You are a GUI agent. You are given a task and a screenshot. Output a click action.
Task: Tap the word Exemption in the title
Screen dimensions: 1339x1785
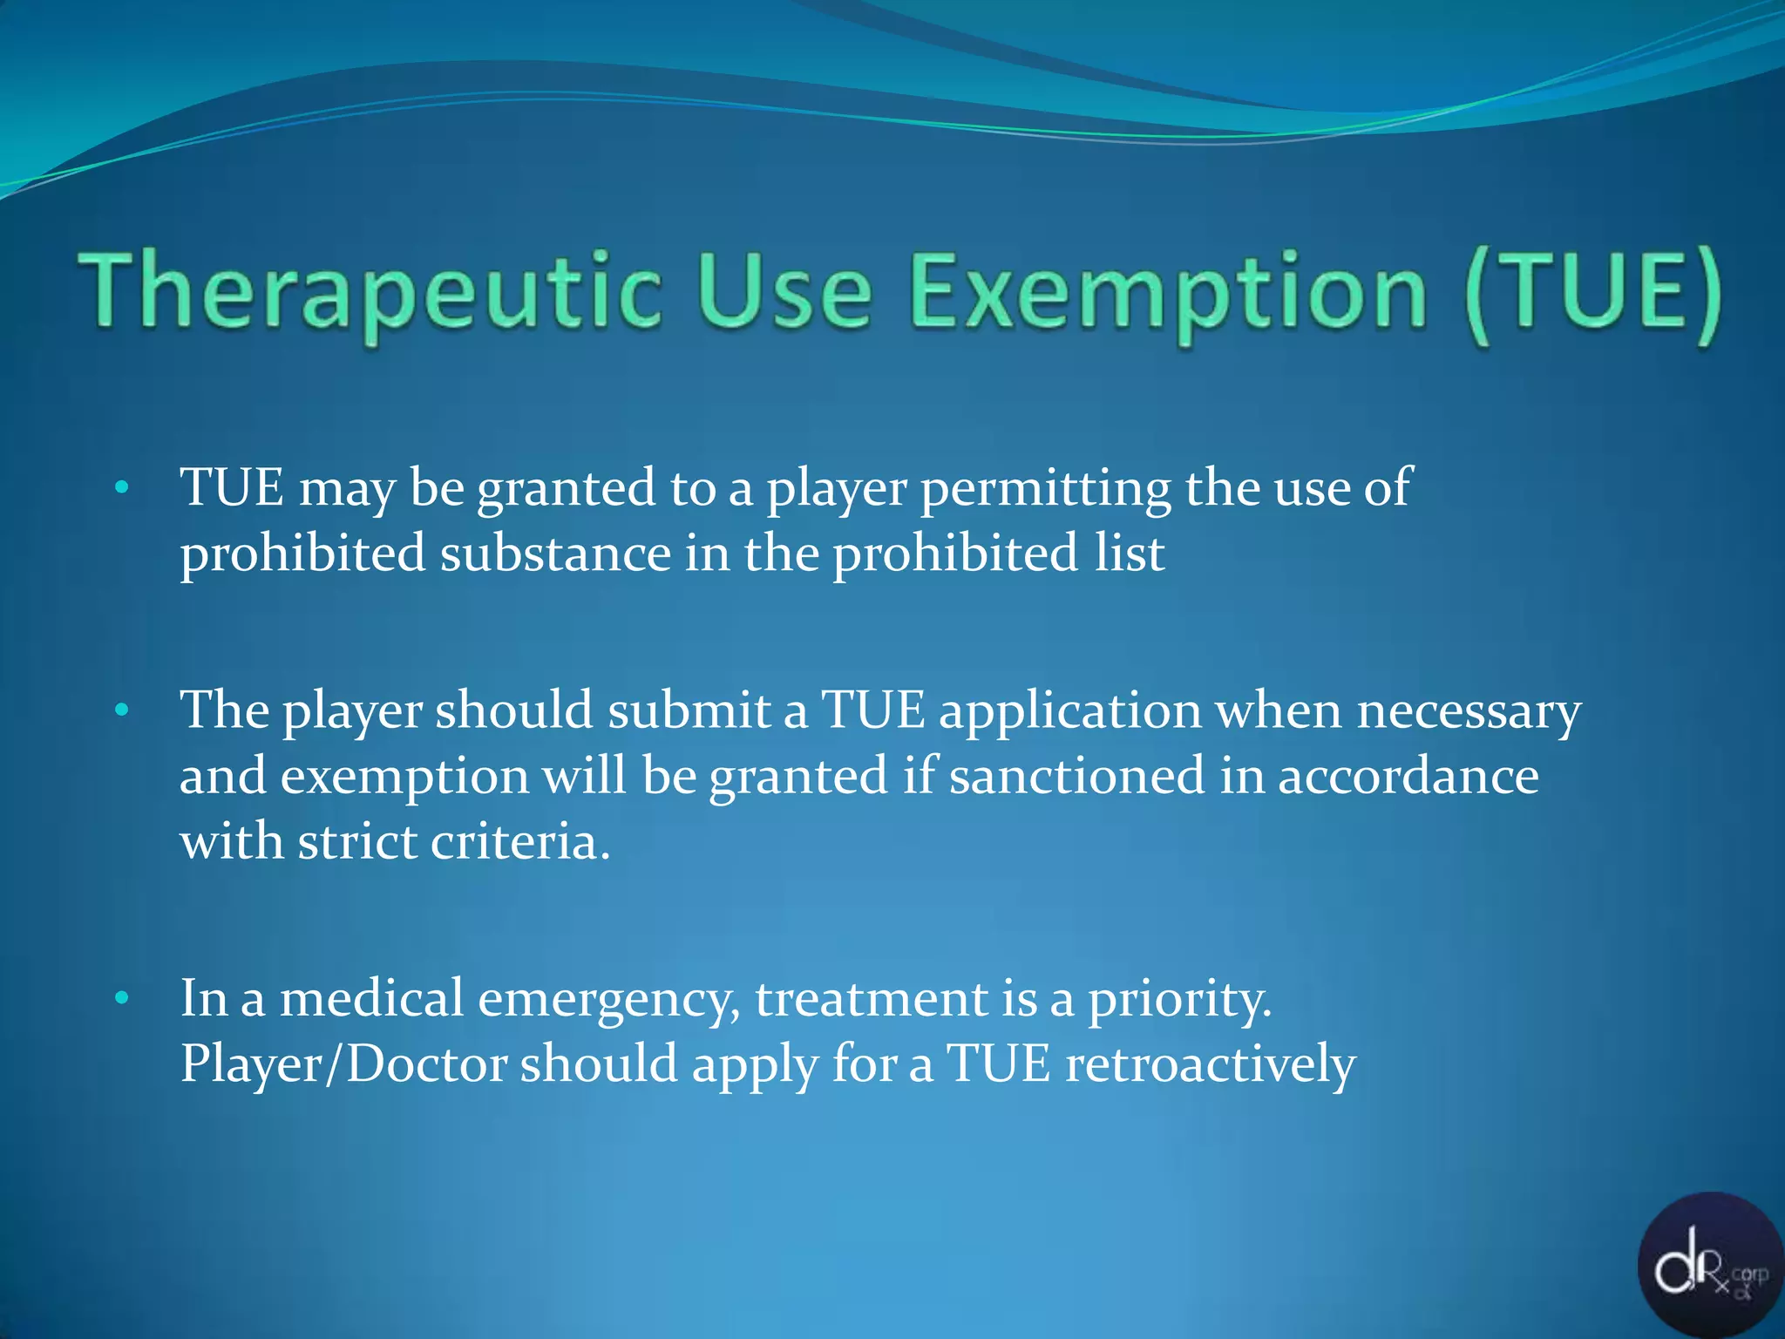(1168, 291)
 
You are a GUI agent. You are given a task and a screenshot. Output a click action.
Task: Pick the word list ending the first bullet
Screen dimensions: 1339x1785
(1130, 554)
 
